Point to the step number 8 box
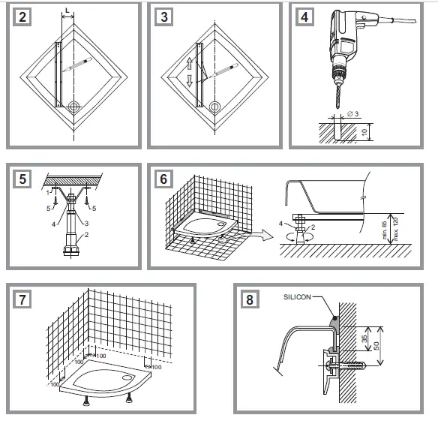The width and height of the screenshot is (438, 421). tap(248, 298)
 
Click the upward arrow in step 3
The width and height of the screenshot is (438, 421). tap(190, 65)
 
